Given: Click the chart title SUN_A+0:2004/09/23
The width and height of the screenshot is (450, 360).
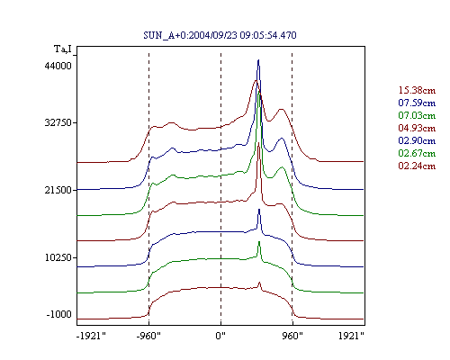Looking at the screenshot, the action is [220, 35].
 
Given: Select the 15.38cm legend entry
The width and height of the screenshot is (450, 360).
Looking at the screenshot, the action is [417, 90].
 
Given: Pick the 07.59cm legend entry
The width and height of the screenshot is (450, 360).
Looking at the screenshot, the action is [417, 103].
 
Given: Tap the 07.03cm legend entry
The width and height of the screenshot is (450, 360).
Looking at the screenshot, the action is [417, 115].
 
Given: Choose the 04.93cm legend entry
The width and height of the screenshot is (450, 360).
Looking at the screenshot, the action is [417, 128].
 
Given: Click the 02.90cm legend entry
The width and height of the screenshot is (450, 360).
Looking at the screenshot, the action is [417, 140].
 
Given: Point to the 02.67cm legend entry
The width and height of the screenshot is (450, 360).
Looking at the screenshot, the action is [417, 153].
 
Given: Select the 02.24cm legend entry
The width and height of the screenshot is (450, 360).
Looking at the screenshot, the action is [417, 166].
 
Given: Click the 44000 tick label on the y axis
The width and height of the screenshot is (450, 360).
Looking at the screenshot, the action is [58, 66].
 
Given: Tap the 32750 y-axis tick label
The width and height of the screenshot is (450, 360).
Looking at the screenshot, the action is [58, 122].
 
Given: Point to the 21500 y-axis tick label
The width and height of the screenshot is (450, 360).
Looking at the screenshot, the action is [58, 190].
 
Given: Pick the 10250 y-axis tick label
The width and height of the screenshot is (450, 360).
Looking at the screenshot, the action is [58, 257].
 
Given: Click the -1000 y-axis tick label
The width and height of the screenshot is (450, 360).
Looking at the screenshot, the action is [59, 314].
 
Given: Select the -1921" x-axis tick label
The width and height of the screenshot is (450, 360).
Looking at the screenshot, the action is [92, 336].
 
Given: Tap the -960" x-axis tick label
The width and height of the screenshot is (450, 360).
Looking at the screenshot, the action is [148, 336].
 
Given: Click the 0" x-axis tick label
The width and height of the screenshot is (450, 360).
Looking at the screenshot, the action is [220, 336].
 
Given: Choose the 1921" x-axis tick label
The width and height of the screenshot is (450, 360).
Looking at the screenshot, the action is [351, 336].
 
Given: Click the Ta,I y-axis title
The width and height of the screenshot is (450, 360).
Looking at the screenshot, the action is [63, 49].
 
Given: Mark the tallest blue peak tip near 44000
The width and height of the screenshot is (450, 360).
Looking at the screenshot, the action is [258, 60].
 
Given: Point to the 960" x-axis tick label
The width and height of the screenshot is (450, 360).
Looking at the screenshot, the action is [292, 336].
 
